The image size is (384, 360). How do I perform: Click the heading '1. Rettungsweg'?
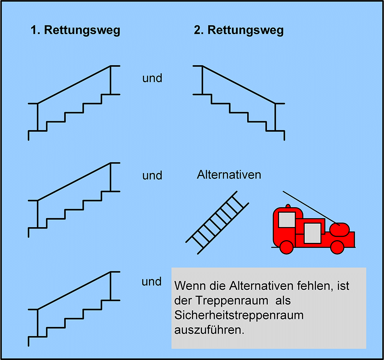tap(75, 31)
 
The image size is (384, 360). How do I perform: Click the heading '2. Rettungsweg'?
tap(239, 31)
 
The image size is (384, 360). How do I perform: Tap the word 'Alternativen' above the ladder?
tap(229, 175)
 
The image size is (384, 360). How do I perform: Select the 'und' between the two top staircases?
tap(152, 78)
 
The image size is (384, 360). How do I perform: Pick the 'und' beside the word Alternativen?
tap(152, 175)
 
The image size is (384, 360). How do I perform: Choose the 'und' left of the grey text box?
tap(152, 282)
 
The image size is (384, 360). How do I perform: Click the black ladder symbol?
tap(217, 223)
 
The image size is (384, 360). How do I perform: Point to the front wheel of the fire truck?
tap(286, 247)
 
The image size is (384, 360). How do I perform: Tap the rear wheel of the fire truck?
tap(337, 247)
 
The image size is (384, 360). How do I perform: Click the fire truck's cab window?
tap(287, 220)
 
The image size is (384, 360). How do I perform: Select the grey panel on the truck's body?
tap(313, 233)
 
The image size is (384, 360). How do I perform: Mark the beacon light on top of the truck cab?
tap(288, 206)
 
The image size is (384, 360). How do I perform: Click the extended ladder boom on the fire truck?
tap(311, 208)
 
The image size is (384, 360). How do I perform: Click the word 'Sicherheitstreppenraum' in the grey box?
tap(239, 315)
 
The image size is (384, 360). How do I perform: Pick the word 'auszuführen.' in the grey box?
tap(209, 330)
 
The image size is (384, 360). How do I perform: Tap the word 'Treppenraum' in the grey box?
tap(232, 301)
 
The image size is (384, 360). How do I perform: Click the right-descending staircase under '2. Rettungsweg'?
tap(239, 84)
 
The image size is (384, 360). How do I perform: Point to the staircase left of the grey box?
tap(74, 291)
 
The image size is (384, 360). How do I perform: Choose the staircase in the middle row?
tap(74, 182)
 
